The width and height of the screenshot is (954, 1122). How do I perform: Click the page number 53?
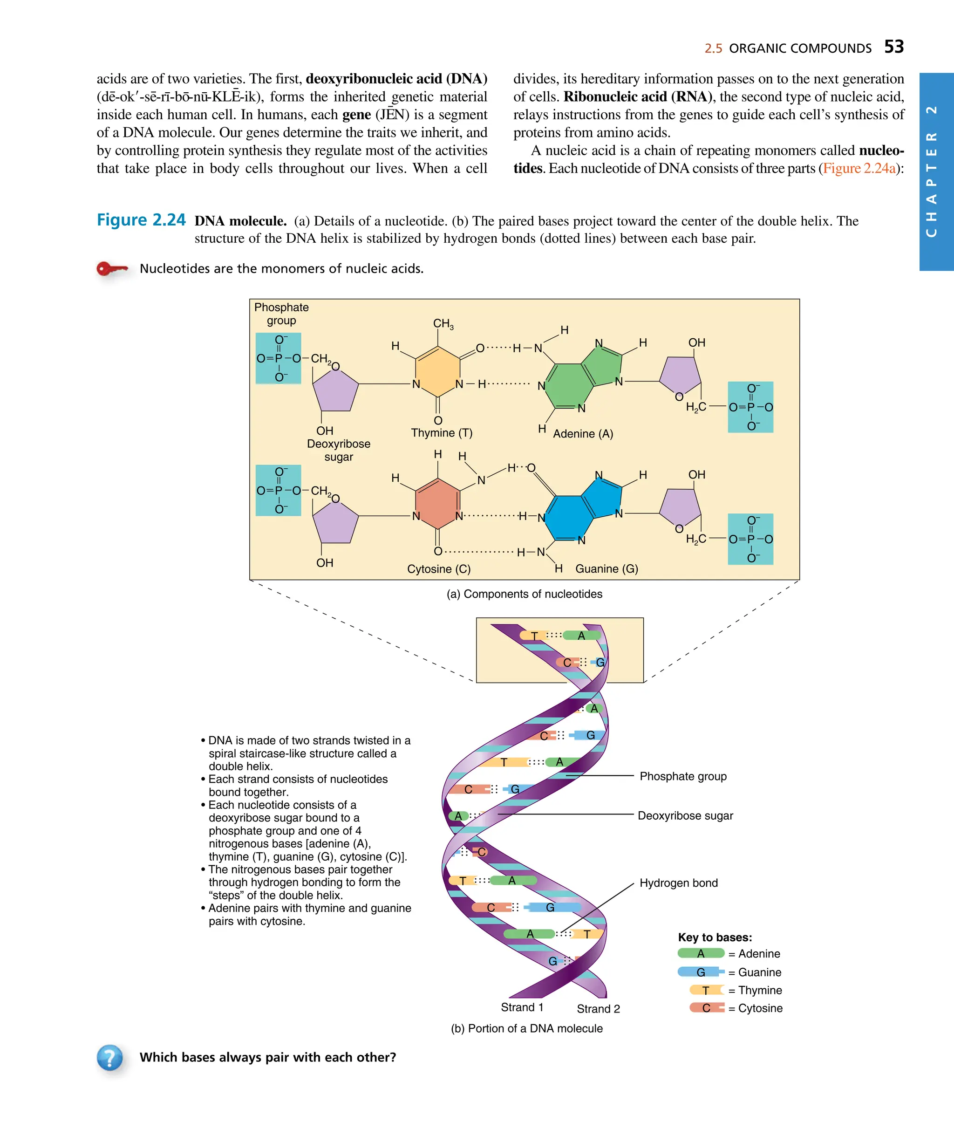tap(893, 47)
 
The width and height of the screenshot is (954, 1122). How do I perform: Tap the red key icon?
tap(112, 268)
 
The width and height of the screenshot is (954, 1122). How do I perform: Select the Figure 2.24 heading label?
tap(141, 220)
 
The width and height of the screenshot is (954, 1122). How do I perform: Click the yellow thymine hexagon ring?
tap(438, 371)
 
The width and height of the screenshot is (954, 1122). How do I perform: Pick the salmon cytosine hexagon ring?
tap(438, 503)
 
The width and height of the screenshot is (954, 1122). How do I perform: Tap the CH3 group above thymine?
tap(443, 323)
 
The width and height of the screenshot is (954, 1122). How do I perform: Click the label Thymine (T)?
tap(441, 433)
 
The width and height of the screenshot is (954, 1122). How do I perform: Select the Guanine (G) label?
tap(606, 568)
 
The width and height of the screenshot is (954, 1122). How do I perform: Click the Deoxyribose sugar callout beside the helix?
tap(685, 815)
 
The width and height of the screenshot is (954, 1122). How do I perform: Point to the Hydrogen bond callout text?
tap(678, 883)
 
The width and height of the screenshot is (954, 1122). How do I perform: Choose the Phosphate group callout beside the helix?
tap(682, 776)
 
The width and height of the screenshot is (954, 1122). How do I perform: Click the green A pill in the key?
tap(700, 953)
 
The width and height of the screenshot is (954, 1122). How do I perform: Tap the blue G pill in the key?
tap(700, 971)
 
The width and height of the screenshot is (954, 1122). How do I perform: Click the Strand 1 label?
tap(522, 1007)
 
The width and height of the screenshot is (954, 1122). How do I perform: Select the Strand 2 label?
tap(598, 1008)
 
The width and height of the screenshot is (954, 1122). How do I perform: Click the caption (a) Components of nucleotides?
tap(524, 594)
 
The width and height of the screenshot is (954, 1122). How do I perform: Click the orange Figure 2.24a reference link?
tap(859, 168)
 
